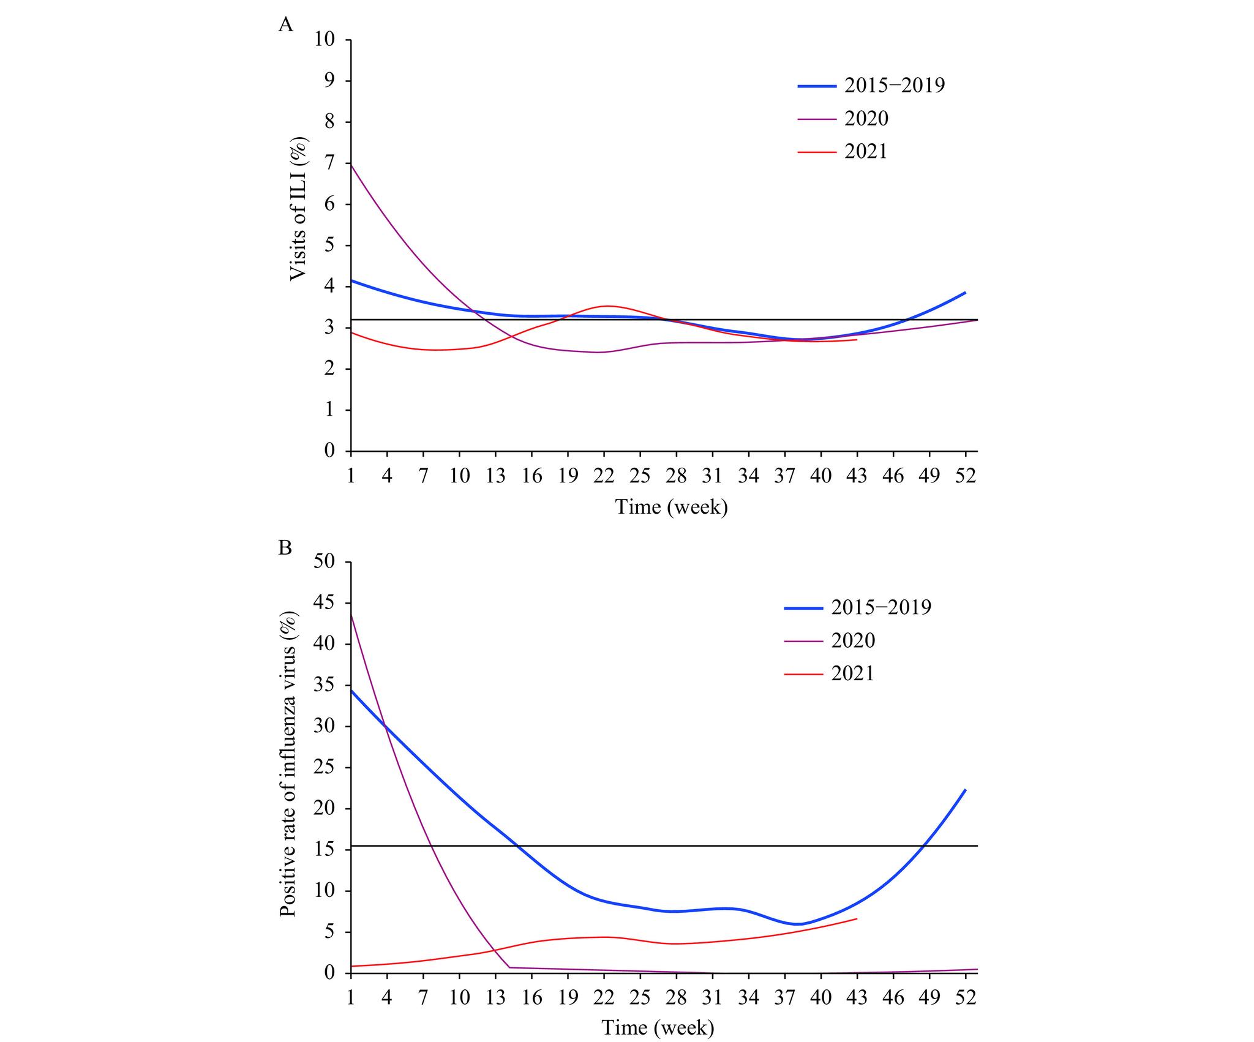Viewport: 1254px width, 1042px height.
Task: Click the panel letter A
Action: (285, 24)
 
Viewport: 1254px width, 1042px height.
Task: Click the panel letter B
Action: (285, 547)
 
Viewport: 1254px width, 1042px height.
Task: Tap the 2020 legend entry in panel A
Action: (866, 118)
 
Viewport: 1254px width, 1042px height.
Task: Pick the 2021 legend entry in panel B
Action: (853, 673)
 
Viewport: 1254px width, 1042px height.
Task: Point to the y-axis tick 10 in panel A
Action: (325, 40)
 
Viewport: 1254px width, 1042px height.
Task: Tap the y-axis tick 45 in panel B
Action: (325, 604)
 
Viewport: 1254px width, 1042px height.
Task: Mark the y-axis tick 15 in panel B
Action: (325, 850)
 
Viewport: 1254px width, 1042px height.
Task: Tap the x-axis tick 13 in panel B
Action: (495, 997)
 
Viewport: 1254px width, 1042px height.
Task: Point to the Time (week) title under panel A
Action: (671, 507)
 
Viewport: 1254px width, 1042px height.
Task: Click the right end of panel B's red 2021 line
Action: (857, 918)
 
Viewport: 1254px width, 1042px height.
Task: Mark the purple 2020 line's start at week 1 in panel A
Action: (351, 165)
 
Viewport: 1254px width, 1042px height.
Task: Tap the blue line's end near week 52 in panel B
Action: (966, 790)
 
